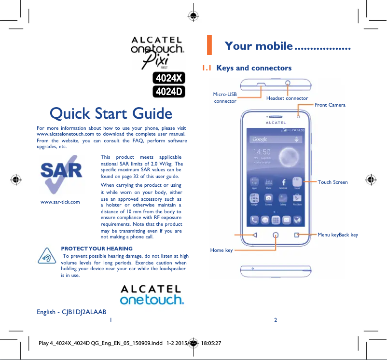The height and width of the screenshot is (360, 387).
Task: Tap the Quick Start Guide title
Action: tap(111, 114)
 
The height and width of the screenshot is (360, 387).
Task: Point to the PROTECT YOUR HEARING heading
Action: tap(97, 249)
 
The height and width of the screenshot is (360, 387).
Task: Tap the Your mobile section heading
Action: tap(259, 46)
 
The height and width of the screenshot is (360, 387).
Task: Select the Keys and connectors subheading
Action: tap(254, 68)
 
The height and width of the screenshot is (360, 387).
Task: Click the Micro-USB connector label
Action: tap(225, 98)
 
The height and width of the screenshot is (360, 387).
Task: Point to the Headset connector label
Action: tap(287, 98)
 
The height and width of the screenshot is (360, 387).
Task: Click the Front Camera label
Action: tap(330, 105)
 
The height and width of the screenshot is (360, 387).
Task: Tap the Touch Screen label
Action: tap(332, 182)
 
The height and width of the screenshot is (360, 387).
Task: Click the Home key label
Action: tap(221, 250)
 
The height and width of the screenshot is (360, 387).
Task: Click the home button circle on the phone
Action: tap(276, 235)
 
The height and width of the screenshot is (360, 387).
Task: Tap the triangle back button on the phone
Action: tap(255, 235)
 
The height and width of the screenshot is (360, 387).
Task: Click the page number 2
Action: tap(275, 320)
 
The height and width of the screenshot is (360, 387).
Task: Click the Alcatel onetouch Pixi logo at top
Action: tap(157, 52)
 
